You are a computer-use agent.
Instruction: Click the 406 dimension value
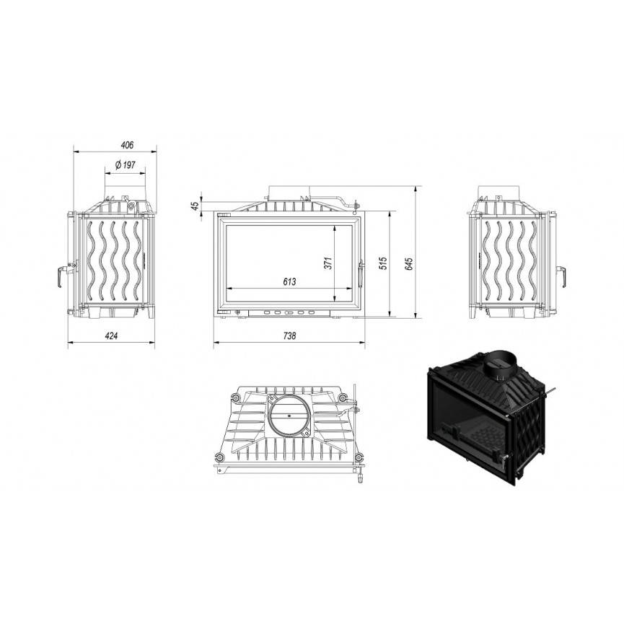click(127, 145)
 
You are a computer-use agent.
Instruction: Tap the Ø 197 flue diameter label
click(126, 164)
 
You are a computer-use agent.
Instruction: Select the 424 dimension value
click(111, 336)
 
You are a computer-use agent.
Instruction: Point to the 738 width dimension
click(289, 336)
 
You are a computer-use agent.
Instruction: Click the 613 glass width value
click(289, 282)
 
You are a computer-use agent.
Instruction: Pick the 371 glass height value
click(328, 263)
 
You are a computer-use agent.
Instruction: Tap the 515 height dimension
click(383, 263)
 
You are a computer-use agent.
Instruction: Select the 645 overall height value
click(410, 264)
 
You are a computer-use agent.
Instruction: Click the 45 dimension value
click(195, 206)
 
